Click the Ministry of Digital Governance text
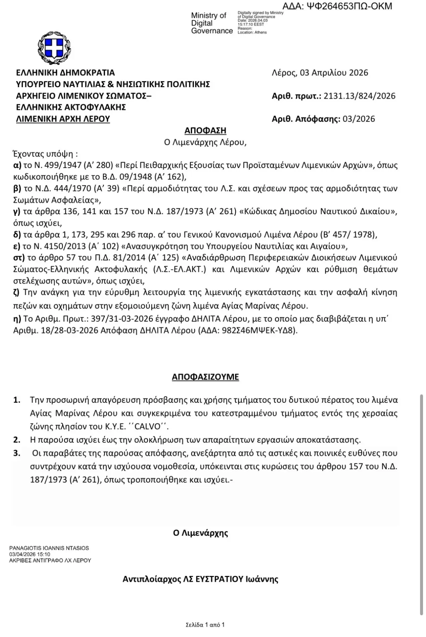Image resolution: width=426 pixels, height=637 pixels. (211, 23)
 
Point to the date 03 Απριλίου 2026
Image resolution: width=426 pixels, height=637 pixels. (334, 73)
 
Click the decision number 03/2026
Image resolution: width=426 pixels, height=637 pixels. (359, 119)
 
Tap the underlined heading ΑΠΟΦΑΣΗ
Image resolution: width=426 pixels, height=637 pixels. (205, 130)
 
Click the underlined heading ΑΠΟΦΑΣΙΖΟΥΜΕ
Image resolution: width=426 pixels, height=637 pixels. (205, 377)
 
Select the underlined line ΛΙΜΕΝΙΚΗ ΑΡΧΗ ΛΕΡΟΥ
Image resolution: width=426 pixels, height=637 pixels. (63, 119)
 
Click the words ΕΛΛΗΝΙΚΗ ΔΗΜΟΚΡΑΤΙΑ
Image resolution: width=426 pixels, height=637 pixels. (65, 73)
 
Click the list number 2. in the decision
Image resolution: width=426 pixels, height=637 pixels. (17, 440)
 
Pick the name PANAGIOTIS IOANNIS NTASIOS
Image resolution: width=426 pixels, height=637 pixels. (49, 548)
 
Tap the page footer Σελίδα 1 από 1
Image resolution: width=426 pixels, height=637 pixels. (205, 625)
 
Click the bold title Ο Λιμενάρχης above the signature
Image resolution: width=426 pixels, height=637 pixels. (201, 533)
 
